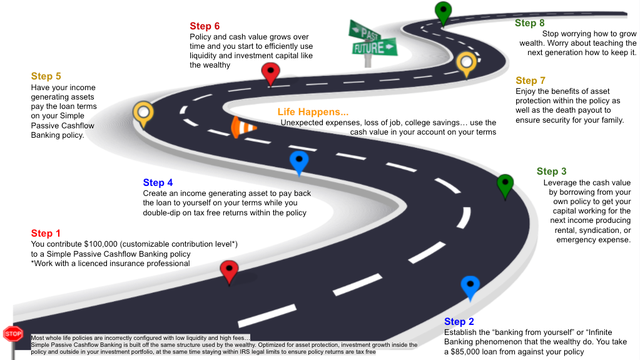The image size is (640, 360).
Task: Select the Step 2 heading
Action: pos(459,322)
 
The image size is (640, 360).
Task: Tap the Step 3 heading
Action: pos(551,171)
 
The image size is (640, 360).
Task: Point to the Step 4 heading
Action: pos(158,183)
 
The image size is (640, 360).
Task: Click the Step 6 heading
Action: pos(205,26)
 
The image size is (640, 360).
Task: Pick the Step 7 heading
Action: pos(531,81)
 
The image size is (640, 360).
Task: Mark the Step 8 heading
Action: pos(530,23)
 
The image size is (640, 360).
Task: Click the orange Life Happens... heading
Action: pos(313,112)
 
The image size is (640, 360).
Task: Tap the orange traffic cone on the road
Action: pos(241,127)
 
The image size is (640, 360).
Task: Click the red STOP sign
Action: pos(13,334)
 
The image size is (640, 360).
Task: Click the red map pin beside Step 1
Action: pos(230,272)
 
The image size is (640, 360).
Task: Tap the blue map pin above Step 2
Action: pos(470,286)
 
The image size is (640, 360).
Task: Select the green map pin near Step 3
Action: pos(505,185)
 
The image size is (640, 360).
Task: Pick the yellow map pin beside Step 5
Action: pos(143,113)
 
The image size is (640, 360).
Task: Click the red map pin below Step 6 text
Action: pos(270,73)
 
